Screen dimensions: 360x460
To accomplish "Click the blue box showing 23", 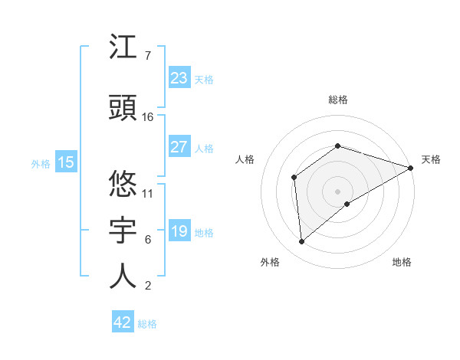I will tap(179, 78).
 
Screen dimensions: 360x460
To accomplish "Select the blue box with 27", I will tap(179, 147).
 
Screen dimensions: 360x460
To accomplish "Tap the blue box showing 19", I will tap(179, 231).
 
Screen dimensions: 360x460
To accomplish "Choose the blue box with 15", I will tap(66, 162).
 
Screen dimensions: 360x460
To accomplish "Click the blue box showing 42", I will tap(123, 322).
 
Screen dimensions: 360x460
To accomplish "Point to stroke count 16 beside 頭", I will tap(148, 117).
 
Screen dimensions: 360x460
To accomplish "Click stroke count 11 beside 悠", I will tap(148, 193).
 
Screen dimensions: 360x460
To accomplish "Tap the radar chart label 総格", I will tap(338, 100).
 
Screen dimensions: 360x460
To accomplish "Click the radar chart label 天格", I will tap(431, 159).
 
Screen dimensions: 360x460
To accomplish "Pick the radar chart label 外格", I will tap(270, 262).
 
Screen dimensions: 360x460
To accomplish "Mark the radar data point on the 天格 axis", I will tap(412, 167).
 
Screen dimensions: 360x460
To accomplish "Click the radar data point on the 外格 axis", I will tap(302, 242).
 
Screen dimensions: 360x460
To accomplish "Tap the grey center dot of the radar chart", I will tap(337, 191).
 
